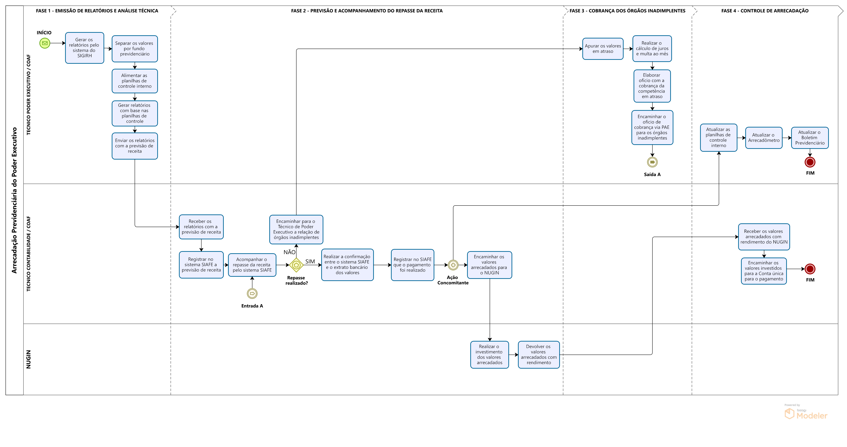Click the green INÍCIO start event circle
pyautogui.click(x=45, y=43)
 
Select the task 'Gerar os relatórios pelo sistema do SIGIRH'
pyautogui.click(x=84, y=48)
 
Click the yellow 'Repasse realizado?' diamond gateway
pyautogui.click(x=296, y=265)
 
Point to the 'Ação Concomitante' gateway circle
pyautogui.click(x=453, y=265)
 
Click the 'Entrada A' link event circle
pyautogui.click(x=252, y=294)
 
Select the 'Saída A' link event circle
pyautogui.click(x=652, y=162)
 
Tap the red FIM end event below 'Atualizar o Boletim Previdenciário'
pyautogui.click(x=810, y=162)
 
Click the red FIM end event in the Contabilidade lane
pyautogui.click(x=810, y=269)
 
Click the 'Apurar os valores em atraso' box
pyautogui.click(x=603, y=49)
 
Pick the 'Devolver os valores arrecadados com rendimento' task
pyautogui.click(x=539, y=355)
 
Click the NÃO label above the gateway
pyautogui.click(x=289, y=252)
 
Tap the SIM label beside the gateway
pyautogui.click(x=310, y=261)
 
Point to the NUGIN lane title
pyautogui.click(x=29, y=359)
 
